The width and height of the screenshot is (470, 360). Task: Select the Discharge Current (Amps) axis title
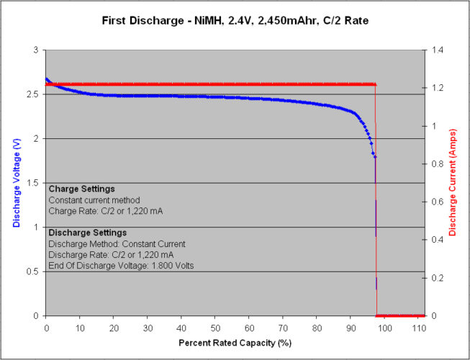[453, 182]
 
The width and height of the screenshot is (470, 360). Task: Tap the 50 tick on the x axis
[215, 326]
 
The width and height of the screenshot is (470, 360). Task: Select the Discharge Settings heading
[88, 233]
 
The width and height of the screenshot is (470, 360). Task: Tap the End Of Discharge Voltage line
[120, 266]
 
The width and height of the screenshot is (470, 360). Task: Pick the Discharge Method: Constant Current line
[117, 244]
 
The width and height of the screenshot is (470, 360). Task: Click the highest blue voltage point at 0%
[47, 79]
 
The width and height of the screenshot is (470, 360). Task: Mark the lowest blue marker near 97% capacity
[376, 156]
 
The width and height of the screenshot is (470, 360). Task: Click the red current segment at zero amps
[400, 315]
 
